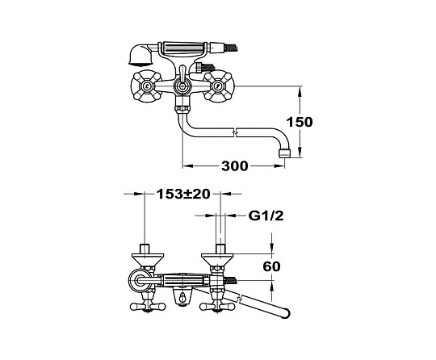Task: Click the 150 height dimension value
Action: tap(300, 122)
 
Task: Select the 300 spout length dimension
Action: tap(234, 166)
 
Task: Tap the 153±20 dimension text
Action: tap(183, 194)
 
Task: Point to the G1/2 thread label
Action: tap(266, 216)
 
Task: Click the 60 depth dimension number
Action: tap(271, 266)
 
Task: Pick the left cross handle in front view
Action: tap(146, 86)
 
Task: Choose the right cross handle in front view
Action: tap(219, 86)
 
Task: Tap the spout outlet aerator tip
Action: tap(284, 153)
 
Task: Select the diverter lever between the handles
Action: tap(182, 77)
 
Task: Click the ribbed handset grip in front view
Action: tap(182, 47)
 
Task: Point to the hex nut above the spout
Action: tap(182, 108)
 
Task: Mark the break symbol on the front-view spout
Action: tap(236, 132)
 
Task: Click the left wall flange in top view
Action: tap(145, 259)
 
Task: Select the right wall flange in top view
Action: tap(219, 259)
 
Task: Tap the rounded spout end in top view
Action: tap(285, 312)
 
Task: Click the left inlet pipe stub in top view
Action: tap(145, 249)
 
